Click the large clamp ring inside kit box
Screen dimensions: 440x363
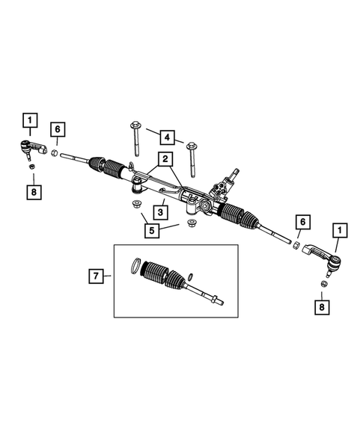point(134,265)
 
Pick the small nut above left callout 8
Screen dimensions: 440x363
point(31,166)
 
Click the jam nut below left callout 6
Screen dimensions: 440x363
point(55,152)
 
